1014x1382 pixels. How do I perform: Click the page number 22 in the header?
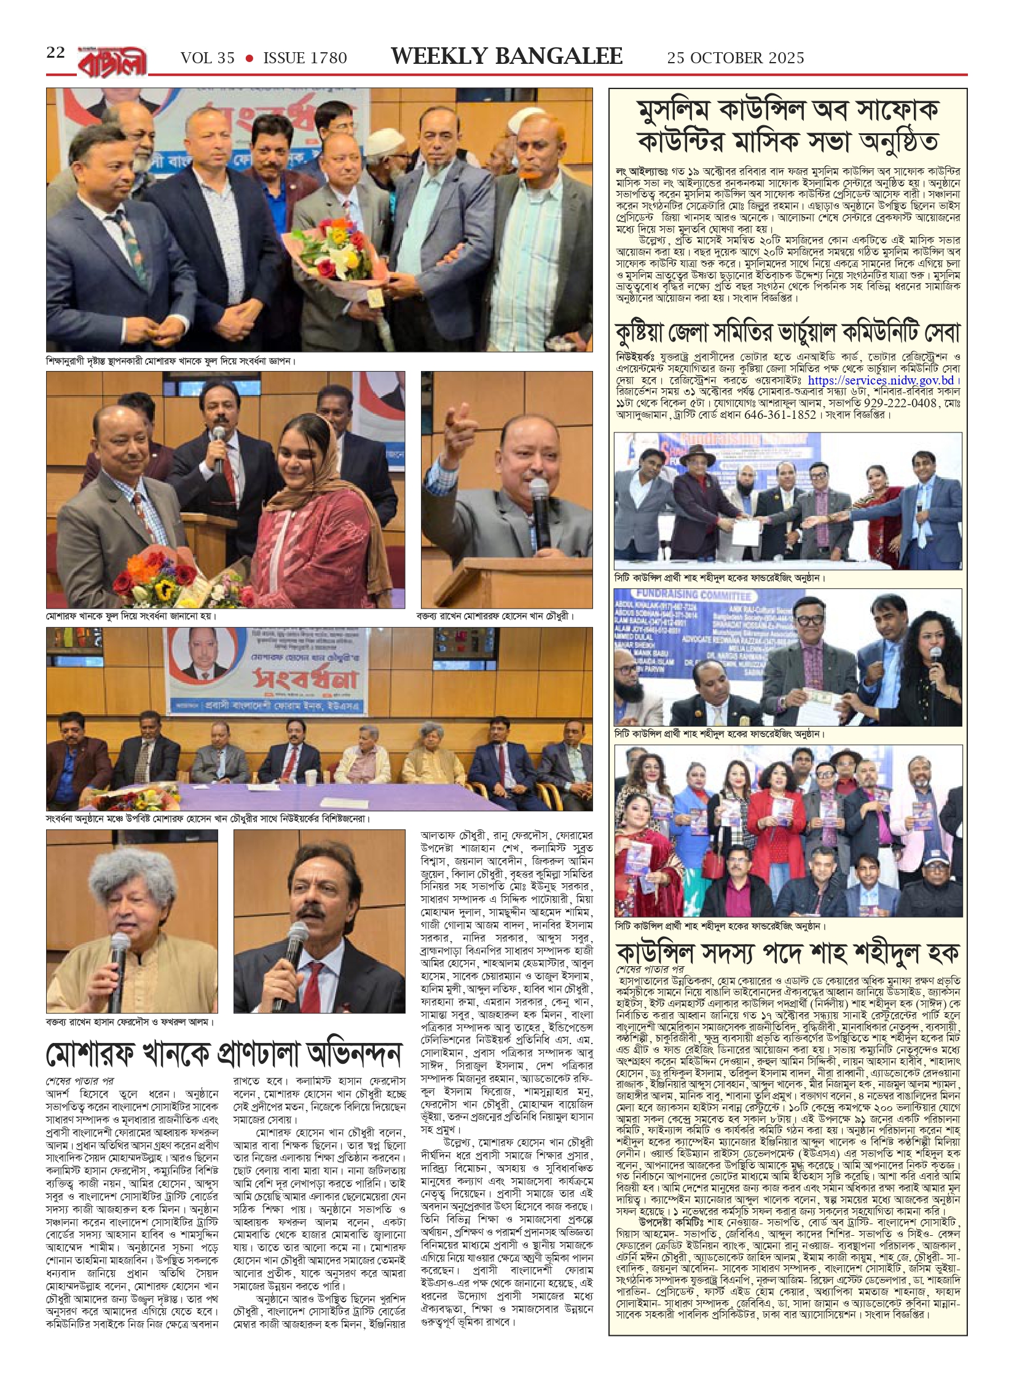(x=55, y=53)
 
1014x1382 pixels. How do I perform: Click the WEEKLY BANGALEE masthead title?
(x=507, y=57)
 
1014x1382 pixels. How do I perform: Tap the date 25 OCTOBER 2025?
(x=736, y=58)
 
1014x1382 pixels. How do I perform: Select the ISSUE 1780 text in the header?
(x=305, y=58)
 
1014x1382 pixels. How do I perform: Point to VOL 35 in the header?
(x=208, y=58)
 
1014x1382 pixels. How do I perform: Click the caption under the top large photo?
(x=171, y=361)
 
